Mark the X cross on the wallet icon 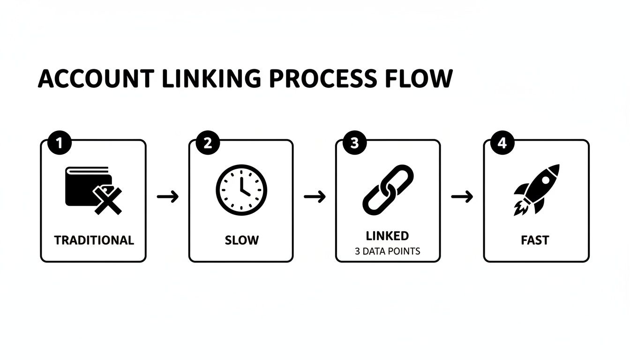108,201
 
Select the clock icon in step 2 241,190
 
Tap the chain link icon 388,190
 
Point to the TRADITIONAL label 94,240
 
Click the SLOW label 241,240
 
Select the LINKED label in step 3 387,235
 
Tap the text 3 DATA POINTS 388,251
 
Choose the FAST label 535,240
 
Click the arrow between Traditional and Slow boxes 168,196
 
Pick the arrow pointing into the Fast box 462,196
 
